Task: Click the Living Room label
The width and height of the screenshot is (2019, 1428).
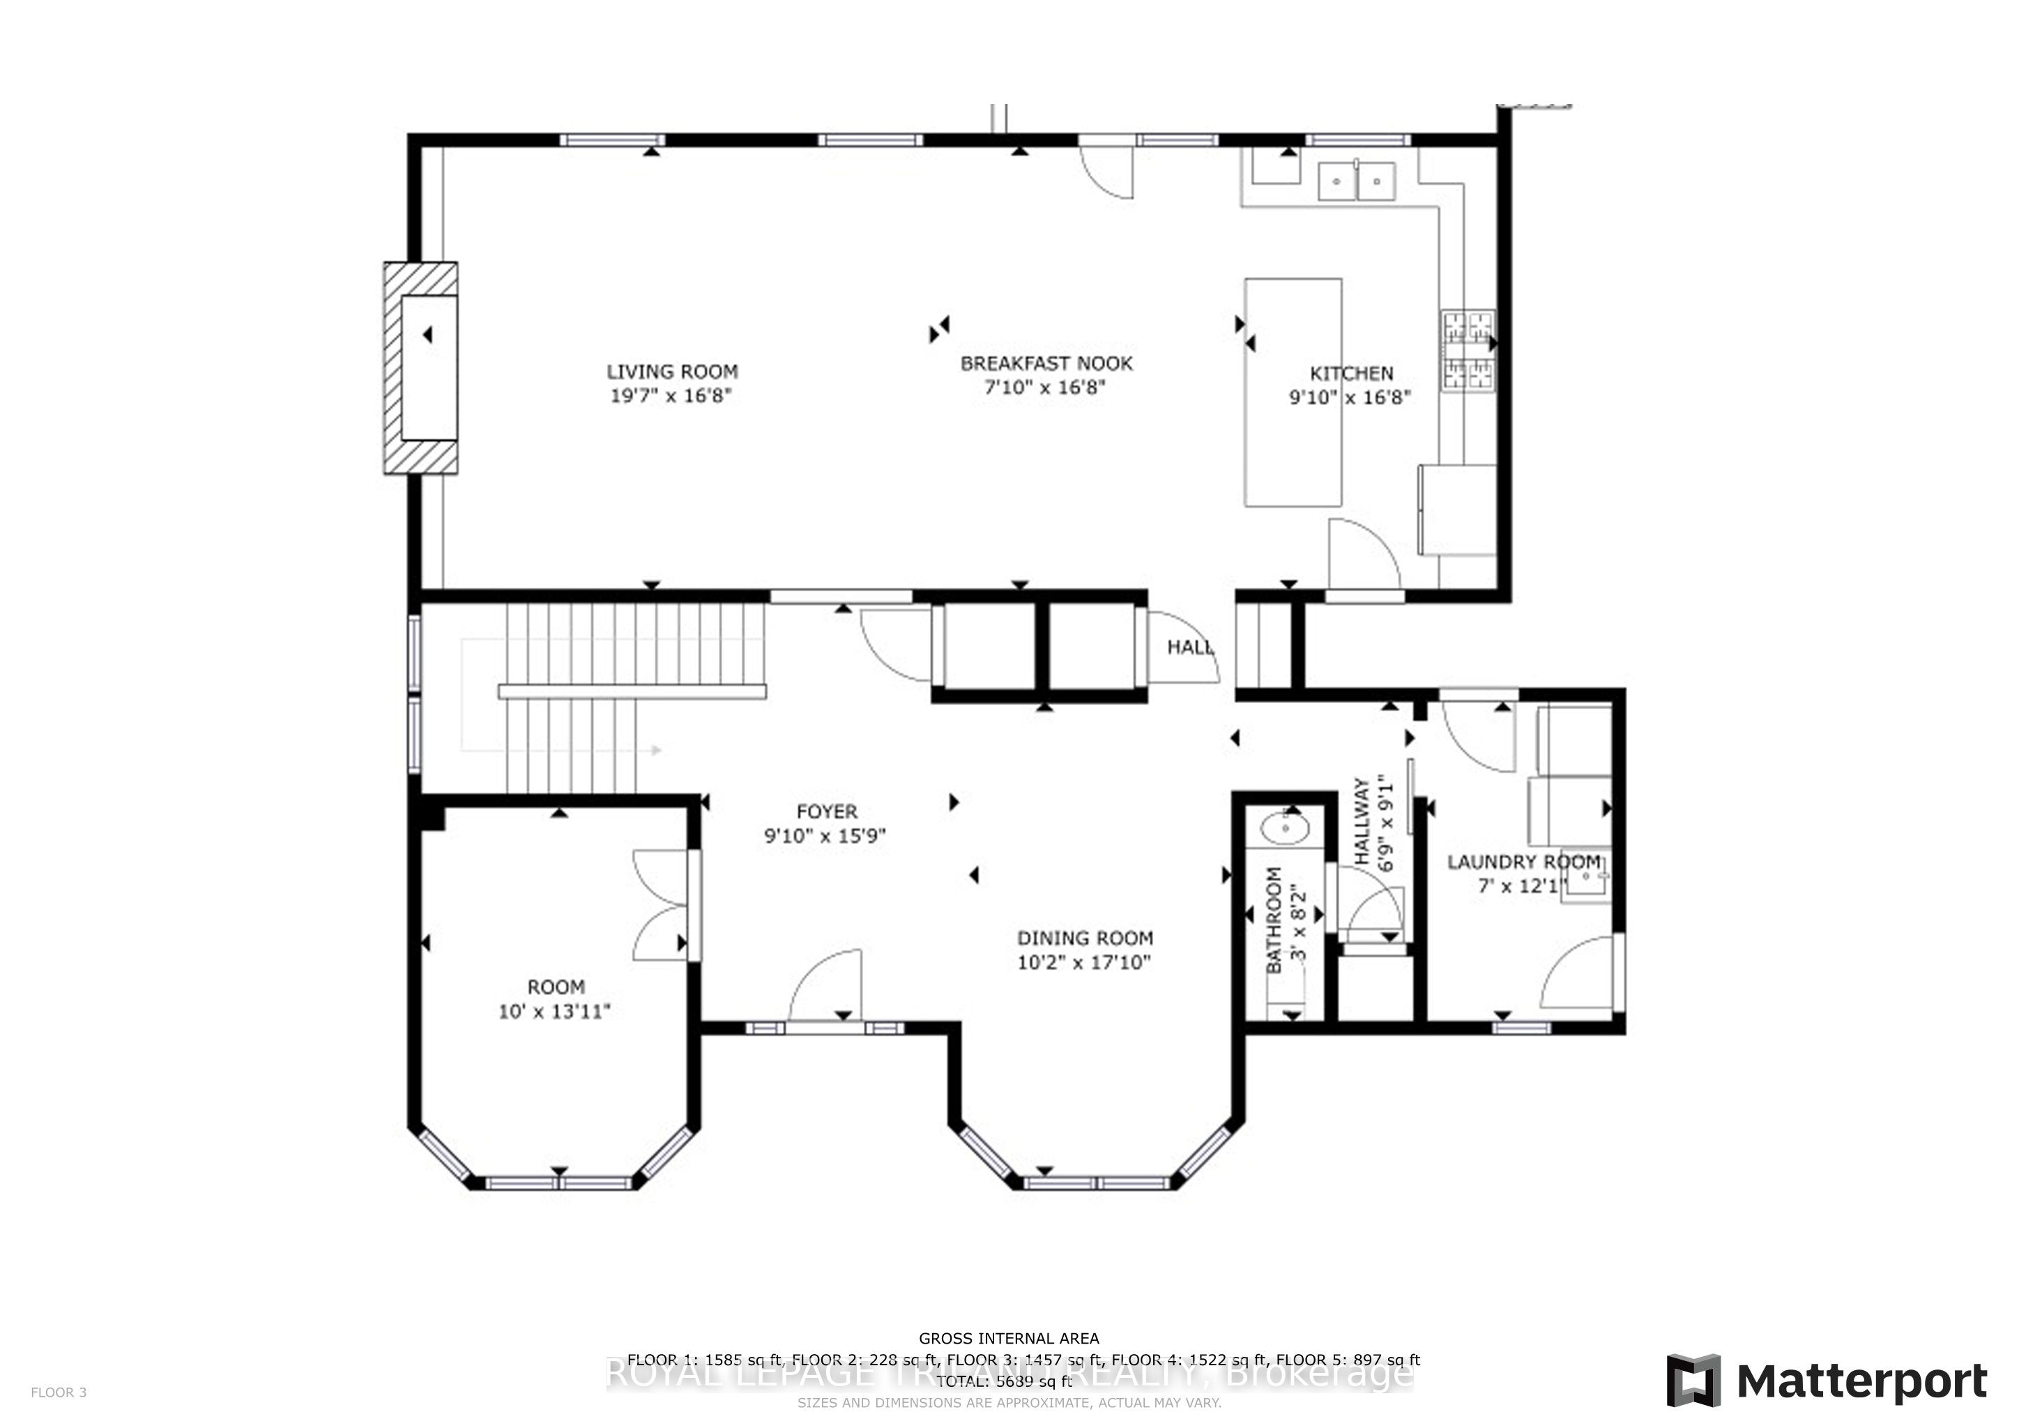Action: [x=672, y=372]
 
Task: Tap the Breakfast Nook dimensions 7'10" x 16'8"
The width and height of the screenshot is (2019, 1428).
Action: [x=1044, y=388]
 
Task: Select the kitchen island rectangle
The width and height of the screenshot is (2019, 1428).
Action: [x=1293, y=392]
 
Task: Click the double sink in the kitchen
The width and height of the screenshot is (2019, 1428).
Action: [x=1357, y=182]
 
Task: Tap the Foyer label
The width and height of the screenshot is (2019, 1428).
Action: [x=825, y=812]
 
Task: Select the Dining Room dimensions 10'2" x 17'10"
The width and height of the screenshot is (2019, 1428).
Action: [x=1084, y=963]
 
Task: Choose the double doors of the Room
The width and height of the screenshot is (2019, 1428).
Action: [x=662, y=905]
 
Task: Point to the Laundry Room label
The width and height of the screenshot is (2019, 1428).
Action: [x=1524, y=863]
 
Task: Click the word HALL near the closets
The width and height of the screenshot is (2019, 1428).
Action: [x=1189, y=648]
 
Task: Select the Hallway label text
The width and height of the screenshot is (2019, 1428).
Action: [x=1362, y=821]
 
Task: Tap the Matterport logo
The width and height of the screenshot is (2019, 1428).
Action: [x=1827, y=1381]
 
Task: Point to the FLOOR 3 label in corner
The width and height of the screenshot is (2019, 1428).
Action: [x=59, y=1392]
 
